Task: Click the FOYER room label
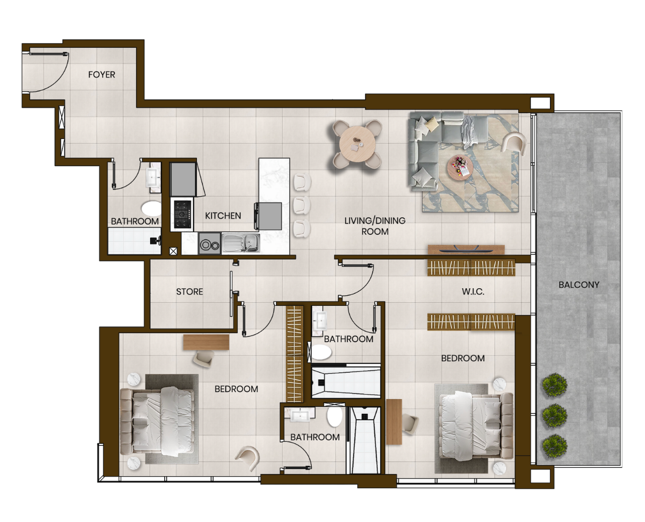[x=101, y=75]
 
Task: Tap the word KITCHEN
[x=223, y=216]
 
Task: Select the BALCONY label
[x=578, y=285]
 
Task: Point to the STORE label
[x=189, y=292]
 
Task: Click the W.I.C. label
[x=473, y=292]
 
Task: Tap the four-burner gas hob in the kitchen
[x=182, y=214]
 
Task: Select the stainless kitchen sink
[x=241, y=243]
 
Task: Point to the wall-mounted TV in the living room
[x=459, y=249]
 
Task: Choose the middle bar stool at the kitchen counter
[x=302, y=205]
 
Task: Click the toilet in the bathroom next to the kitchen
[x=151, y=208]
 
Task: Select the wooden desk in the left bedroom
[x=206, y=342]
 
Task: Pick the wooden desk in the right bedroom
[x=394, y=422]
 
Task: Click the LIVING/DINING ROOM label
[x=375, y=226]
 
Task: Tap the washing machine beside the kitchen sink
[x=210, y=243]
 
